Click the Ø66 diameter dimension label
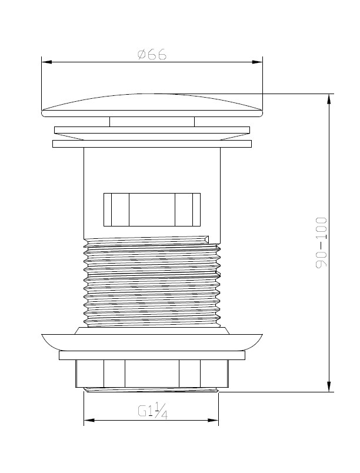pyautogui.click(x=152, y=55)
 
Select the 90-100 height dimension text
pyautogui.click(x=321, y=242)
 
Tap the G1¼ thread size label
pyautogui.click(x=152, y=411)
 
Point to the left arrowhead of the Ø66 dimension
pyautogui.click(x=46, y=62)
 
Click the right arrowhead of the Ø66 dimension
pyautogui.click(x=257, y=62)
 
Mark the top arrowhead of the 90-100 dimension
pyautogui.click(x=329, y=99)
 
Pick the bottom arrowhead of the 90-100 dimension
pyautogui.click(x=329, y=387)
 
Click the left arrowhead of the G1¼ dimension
pyautogui.click(x=89, y=420)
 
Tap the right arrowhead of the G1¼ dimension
pyautogui.click(x=213, y=420)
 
